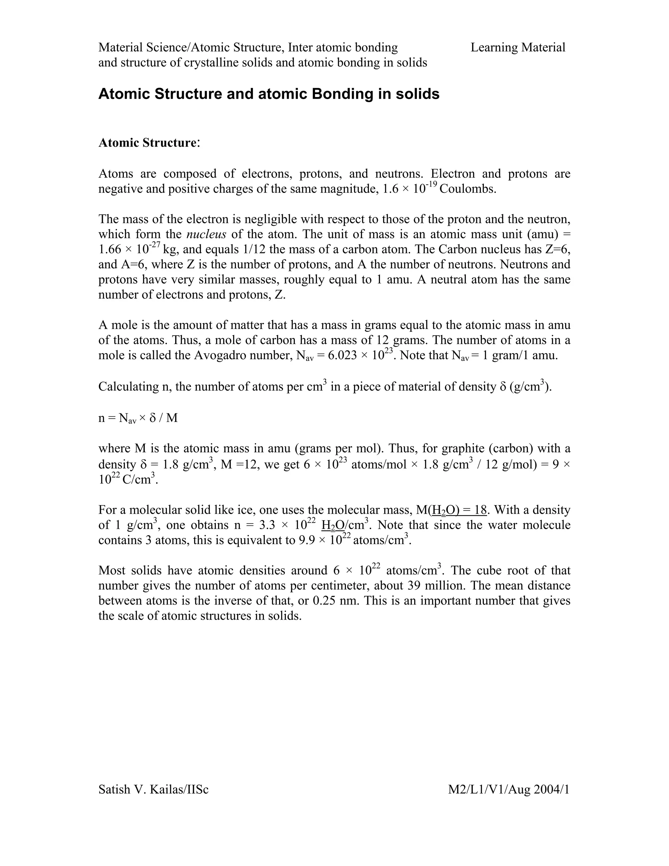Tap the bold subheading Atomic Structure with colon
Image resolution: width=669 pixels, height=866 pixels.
click(149, 142)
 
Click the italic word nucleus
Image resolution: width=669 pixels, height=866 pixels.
click(206, 234)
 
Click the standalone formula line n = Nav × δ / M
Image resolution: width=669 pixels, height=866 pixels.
click(138, 418)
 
